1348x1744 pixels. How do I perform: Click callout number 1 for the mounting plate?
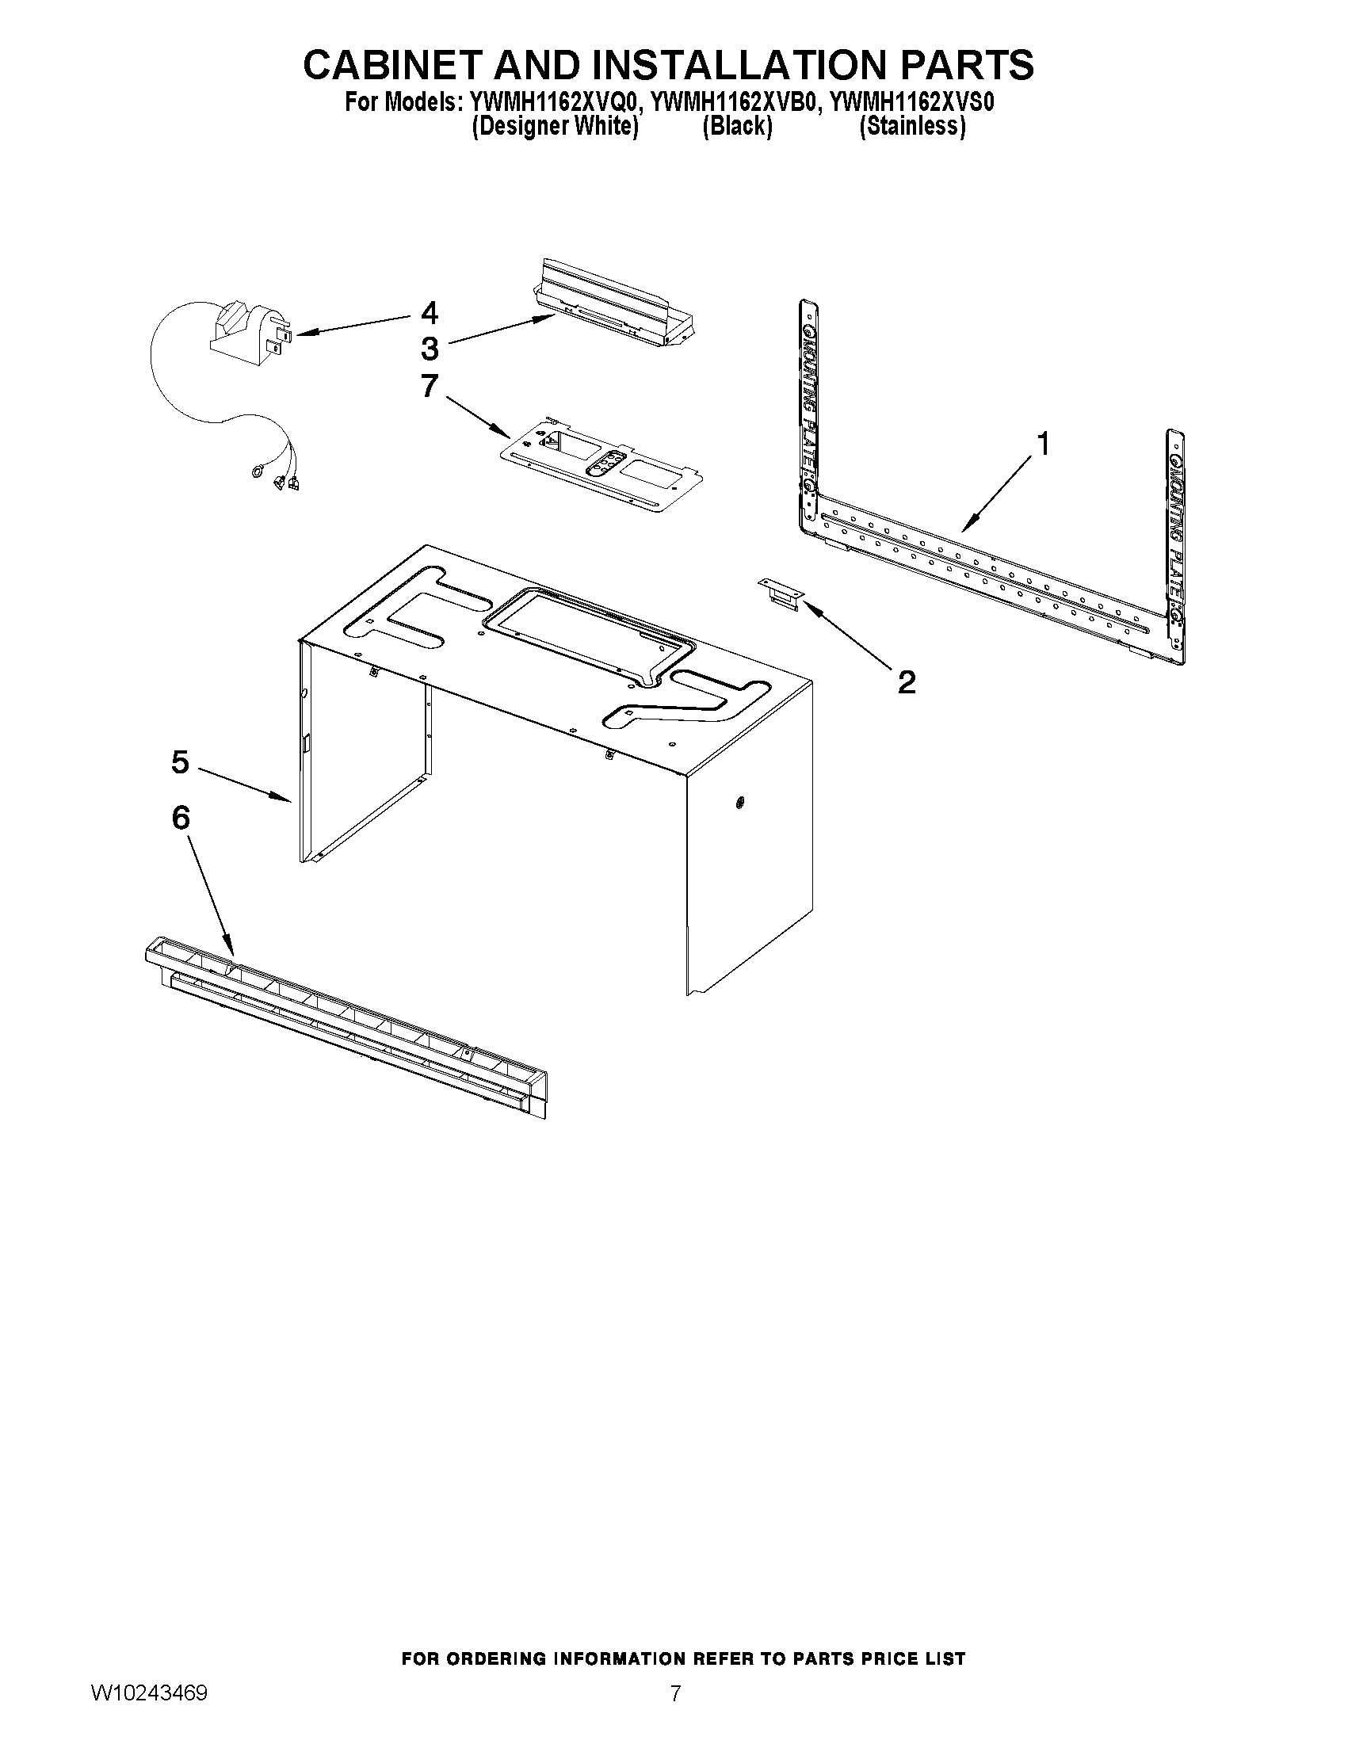pyautogui.click(x=1042, y=443)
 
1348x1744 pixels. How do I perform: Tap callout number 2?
pyautogui.click(x=906, y=682)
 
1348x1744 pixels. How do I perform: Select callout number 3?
pyautogui.click(x=430, y=349)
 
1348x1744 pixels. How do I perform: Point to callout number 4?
pyautogui.click(x=430, y=312)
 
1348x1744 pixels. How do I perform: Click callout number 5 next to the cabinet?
pyautogui.click(x=180, y=761)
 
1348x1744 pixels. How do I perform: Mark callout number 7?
pyautogui.click(x=430, y=386)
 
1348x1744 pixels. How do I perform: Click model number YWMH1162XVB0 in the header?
pyautogui.click(x=735, y=103)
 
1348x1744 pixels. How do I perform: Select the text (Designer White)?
pyautogui.click(x=555, y=126)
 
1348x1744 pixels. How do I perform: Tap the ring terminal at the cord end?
pyautogui.click(x=258, y=475)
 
